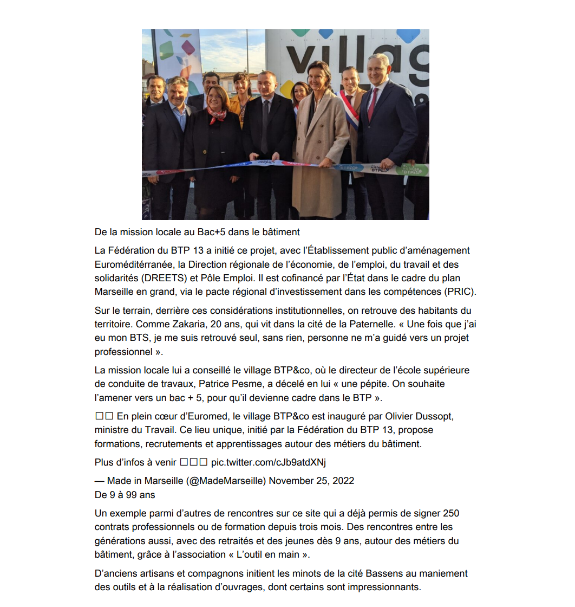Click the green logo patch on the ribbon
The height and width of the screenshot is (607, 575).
[411, 170]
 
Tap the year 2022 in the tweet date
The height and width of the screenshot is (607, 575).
[343, 481]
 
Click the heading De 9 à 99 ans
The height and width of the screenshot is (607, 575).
[125, 495]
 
